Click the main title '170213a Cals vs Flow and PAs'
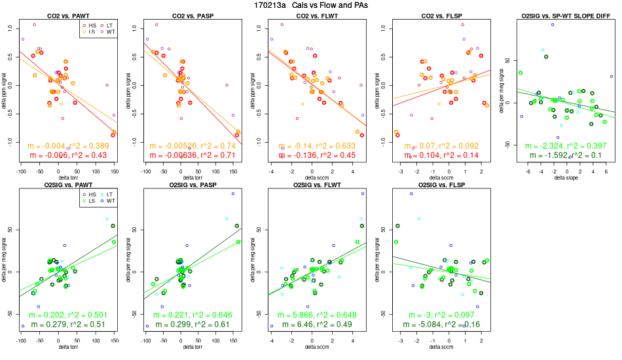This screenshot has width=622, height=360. pos(311,5)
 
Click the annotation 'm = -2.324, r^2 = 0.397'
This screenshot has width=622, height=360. pos(560,145)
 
